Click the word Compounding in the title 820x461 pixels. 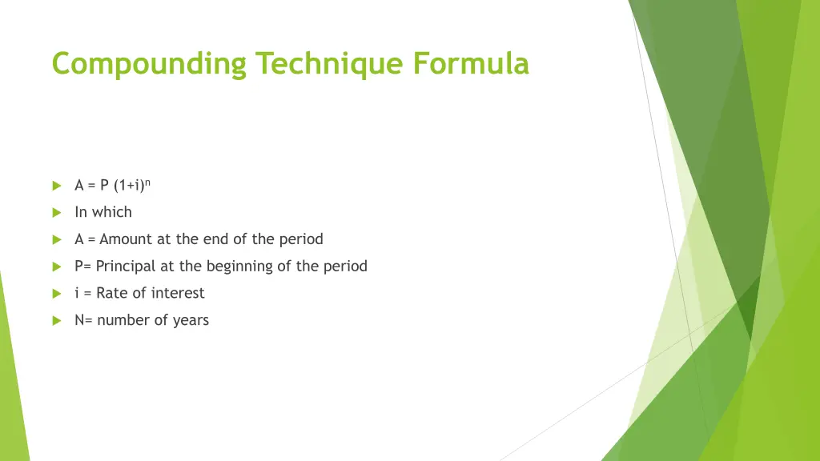150,63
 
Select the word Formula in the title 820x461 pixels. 471,63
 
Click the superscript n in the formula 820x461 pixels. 148,182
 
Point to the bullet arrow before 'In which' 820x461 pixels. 56,212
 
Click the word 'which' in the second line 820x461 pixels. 112,212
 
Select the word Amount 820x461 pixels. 126,239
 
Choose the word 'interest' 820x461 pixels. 178,293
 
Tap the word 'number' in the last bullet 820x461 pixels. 123,320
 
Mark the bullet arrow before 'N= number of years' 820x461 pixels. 56,320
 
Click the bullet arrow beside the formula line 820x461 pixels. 56,186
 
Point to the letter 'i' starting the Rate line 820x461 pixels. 77,293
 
